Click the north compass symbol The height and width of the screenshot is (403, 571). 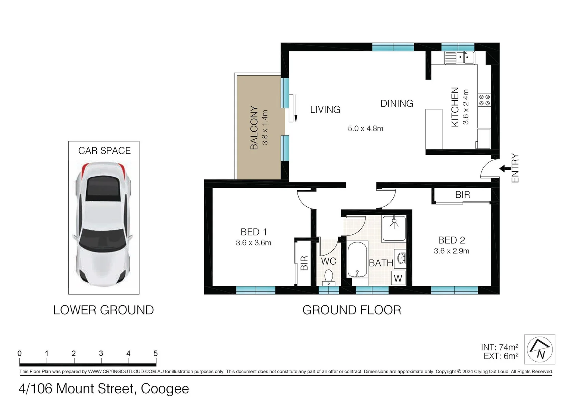539,349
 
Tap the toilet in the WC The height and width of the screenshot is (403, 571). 328,277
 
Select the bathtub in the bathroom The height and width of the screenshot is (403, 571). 358,260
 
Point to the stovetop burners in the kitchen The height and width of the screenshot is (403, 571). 484,100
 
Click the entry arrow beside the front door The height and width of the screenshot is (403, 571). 505,169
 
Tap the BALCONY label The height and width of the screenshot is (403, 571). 254,128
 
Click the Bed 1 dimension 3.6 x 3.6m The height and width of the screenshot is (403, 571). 253,243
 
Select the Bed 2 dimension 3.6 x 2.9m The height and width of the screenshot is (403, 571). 452,251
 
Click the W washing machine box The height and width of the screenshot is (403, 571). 398,278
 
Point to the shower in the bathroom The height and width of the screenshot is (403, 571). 394,228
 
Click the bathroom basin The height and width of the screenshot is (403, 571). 401,258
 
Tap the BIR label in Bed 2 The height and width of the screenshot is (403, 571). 462,195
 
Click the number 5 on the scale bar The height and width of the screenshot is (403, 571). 156,353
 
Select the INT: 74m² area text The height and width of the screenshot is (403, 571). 499,347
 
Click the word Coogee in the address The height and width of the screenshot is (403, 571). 165,389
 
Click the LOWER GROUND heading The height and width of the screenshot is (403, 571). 103,310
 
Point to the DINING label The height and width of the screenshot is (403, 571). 397,103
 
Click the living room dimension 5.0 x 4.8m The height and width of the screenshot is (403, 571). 365,129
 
